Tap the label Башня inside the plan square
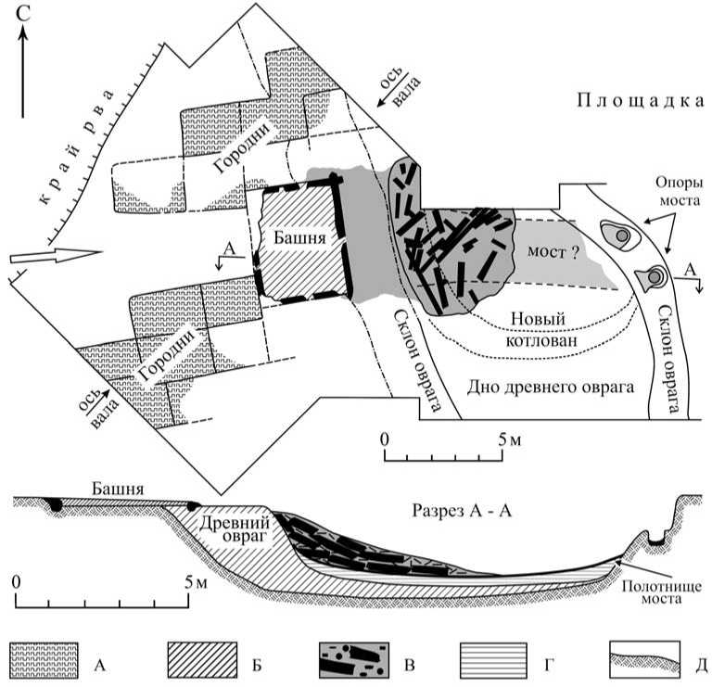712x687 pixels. (x=298, y=237)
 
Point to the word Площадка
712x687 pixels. (x=639, y=101)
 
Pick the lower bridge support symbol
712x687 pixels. (x=655, y=276)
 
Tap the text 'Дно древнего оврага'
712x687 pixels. (x=550, y=388)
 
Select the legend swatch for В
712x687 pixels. (x=352, y=660)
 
